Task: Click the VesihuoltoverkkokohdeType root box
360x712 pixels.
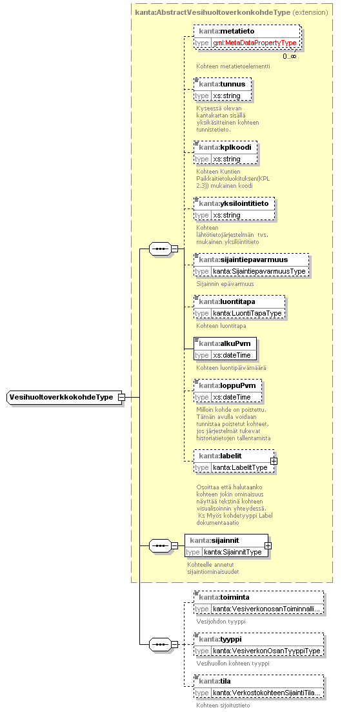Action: pyautogui.click(x=65, y=398)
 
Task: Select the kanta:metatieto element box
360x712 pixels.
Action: pyautogui.click(x=247, y=37)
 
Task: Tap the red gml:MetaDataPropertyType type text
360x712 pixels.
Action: pyautogui.click(x=255, y=43)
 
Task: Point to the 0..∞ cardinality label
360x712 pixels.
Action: pyautogui.click(x=290, y=56)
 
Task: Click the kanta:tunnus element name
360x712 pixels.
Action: pyautogui.click(x=222, y=84)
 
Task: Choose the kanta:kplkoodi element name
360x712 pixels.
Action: pyautogui.click(x=225, y=148)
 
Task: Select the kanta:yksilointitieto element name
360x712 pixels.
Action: pyautogui.click(x=234, y=203)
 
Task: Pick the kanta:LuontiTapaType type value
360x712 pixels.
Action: pyautogui.click(x=247, y=313)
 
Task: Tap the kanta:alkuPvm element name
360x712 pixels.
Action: pyautogui.click(x=225, y=343)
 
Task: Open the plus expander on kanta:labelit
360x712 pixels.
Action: pyautogui.click(x=274, y=461)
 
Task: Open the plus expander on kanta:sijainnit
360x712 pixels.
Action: pyautogui.click(x=268, y=545)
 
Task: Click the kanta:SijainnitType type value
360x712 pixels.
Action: pyautogui.click(x=232, y=552)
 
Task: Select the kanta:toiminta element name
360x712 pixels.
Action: pyautogui.click(x=225, y=597)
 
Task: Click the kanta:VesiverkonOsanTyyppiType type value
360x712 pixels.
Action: pyautogui.click(x=267, y=651)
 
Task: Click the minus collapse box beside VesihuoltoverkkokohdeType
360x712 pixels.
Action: pyautogui.click(x=121, y=398)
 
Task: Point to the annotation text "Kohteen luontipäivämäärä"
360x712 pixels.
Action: pyautogui.click(x=231, y=368)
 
